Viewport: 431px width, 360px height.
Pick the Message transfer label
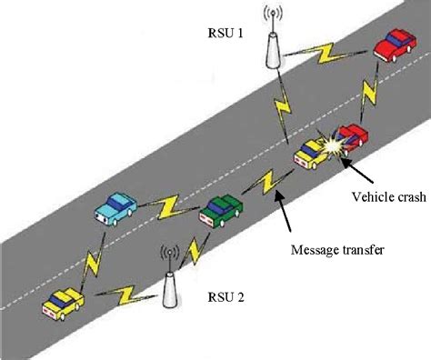click(x=334, y=249)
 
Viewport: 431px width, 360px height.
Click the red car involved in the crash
click(x=351, y=136)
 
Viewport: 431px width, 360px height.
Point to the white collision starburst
click(x=331, y=146)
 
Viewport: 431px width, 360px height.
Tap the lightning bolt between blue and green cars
click(x=170, y=207)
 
